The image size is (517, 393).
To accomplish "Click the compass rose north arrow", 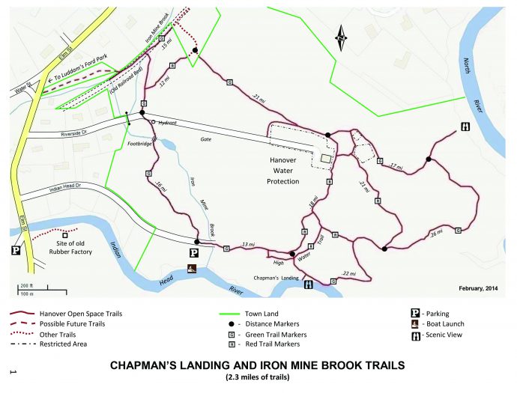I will [x=341, y=37].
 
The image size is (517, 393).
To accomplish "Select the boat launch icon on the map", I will [x=191, y=269].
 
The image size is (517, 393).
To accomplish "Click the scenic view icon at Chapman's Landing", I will [x=308, y=284].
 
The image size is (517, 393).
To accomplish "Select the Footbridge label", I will [x=141, y=144].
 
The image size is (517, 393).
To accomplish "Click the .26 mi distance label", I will [x=436, y=233].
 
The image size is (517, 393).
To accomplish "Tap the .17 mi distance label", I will [x=396, y=167].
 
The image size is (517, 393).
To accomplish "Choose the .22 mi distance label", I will [x=348, y=274].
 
